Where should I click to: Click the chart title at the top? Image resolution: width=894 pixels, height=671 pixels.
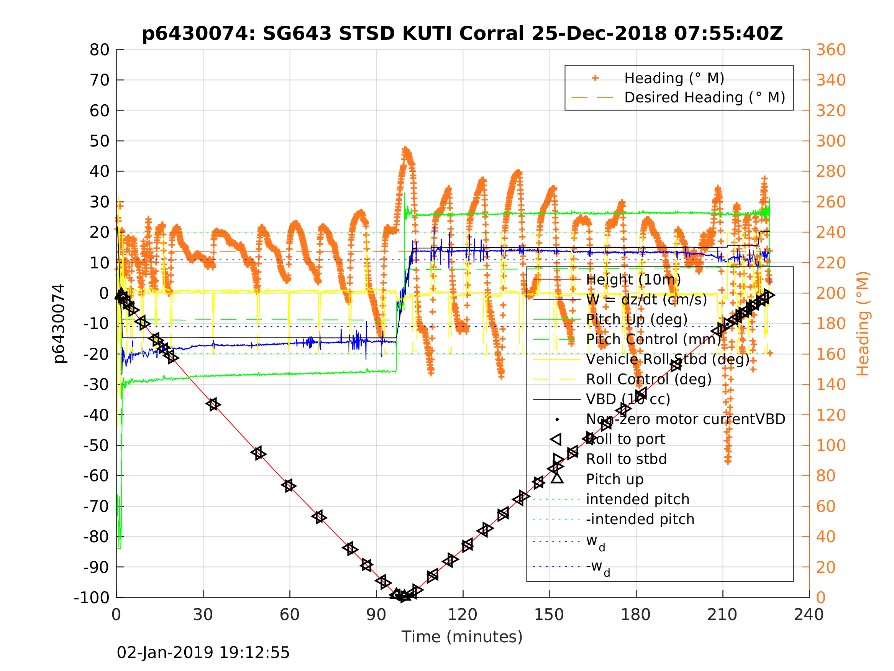pos(462,34)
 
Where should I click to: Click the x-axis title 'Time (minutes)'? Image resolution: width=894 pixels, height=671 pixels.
pos(462,637)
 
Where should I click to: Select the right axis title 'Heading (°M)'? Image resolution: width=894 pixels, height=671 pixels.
pos(863,324)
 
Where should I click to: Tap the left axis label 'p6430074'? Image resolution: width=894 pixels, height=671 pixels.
pos(59,324)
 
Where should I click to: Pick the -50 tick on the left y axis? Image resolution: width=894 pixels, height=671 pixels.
pos(96,446)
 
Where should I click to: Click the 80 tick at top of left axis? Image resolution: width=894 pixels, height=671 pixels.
pos(99,50)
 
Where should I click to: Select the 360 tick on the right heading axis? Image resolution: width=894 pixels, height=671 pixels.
pos(831,50)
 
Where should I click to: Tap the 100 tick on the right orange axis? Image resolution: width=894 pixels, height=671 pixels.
pos(831,446)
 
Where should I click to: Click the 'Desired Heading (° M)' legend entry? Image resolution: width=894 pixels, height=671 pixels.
pos(704,98)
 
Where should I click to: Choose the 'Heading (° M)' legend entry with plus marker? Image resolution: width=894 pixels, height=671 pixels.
pos(674,79)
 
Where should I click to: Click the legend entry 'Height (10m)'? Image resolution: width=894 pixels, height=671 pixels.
pos(633,280)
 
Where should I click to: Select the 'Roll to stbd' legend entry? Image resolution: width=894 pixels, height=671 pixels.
pos(626,459)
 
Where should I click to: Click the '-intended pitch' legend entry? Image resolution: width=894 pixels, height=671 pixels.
pos(640,520)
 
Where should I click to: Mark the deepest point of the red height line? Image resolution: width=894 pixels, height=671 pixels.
pos(402,597)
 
